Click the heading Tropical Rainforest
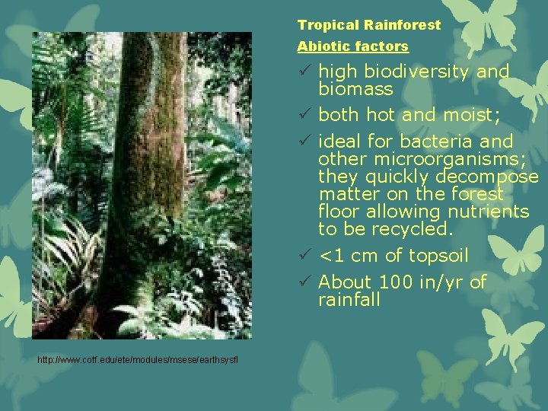coord(368,25)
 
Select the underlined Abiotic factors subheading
coord(352,46)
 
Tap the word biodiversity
coord(415,72)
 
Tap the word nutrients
coord(490,212)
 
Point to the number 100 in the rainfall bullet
coord(395,282)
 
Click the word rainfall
coord(349,300)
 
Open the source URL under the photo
coord(137,358)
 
